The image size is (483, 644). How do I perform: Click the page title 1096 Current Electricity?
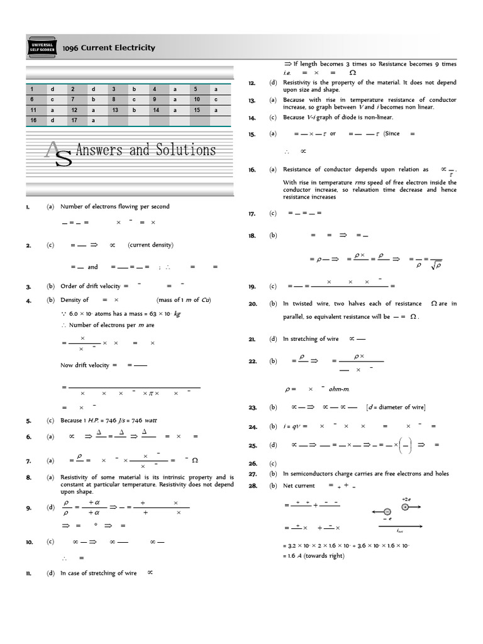click(x=108, y=48)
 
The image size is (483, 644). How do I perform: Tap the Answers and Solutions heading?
click(x=145, y=150)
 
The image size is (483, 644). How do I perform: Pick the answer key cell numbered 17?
click(x=73, y=119)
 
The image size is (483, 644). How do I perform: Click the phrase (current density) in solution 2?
click(x=150, y=245)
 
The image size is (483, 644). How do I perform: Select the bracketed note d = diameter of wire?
click(x=395, y=408)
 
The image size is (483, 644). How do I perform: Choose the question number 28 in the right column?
click(x=252, y=486)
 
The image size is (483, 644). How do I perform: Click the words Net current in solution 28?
click(x=299, y=486)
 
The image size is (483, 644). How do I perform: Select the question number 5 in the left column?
click(x=28, y=420)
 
